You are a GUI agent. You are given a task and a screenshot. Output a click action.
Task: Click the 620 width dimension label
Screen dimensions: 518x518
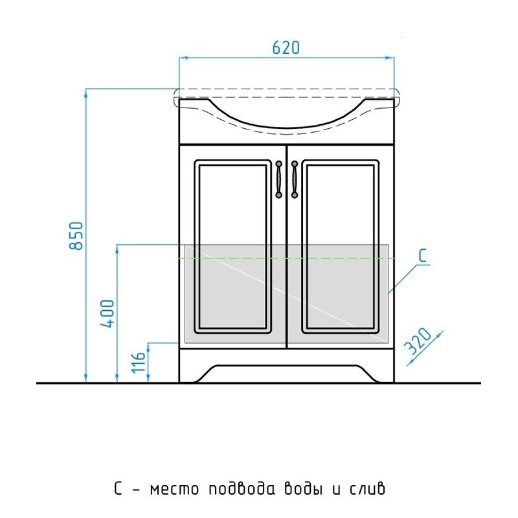pyautogui.click(x=286, y=47)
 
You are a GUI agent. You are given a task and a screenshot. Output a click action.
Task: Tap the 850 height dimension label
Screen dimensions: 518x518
pyautogui.click(x=76, y=236)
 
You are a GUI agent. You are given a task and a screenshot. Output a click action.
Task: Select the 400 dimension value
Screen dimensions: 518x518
pyautogui.click(x=107, y=313)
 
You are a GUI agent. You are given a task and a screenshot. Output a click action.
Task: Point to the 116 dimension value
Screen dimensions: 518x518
pyautogui.click(x=139, y=363)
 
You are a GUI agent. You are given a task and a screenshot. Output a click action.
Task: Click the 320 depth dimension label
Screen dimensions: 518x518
pyautogui.click(x=418, y=341)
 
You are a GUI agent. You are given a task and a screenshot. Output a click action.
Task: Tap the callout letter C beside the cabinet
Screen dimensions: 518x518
pyautogui.click(x=423, y=256)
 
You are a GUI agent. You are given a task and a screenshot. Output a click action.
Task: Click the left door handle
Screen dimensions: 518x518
pyautogui.click(x=279, y=179)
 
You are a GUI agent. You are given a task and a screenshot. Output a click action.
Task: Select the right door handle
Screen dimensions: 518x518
pyautogui.click(x=295, y=179)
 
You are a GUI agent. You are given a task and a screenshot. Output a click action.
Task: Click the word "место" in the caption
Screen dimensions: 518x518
pyautogui.click(x=174, y=489)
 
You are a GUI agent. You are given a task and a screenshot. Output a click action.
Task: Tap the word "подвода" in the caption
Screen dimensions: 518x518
pyautogui.click(x=242, y=488)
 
